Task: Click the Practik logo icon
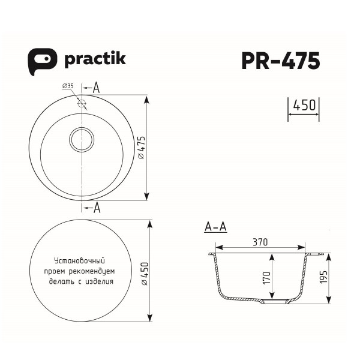coord(41,61)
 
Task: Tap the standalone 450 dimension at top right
coord(304,106)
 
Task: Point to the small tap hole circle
coord(82,103)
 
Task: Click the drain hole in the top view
coord(82,140)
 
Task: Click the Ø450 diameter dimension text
coord(142,273)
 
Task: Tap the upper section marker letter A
coord(96,88)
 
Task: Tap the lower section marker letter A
coord(97,208)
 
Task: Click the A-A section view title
coord(215,227)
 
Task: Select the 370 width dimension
coord(259,242)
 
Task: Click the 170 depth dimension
coord(266,277)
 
